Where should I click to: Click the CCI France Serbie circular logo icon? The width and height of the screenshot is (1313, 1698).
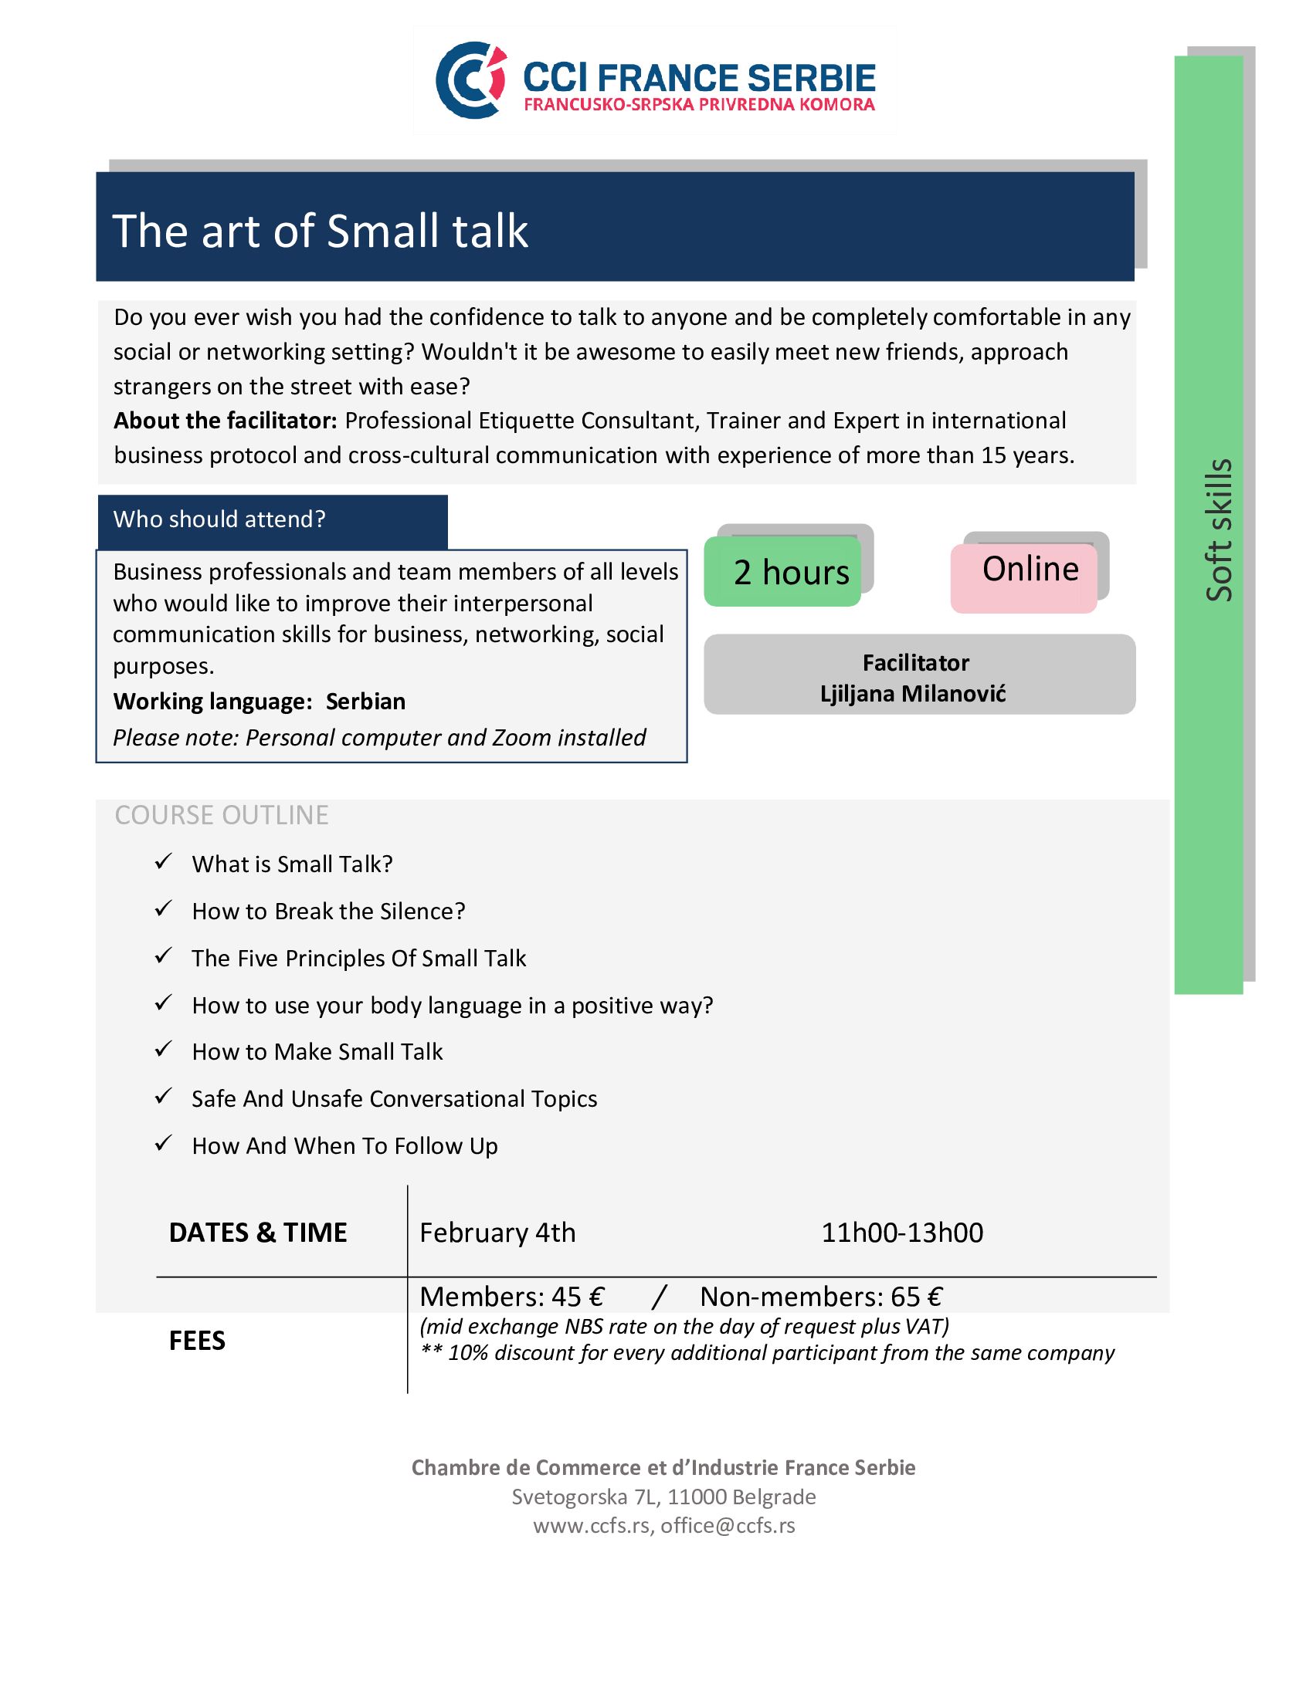(470, 79)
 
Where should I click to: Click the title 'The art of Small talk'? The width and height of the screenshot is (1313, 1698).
(321, 231)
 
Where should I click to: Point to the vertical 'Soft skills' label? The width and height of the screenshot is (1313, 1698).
(1218, 529)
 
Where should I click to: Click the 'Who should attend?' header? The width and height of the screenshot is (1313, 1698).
(219, 519)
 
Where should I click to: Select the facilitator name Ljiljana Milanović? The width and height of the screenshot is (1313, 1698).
(912, 694)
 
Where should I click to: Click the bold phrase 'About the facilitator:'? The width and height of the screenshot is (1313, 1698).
(225, 421)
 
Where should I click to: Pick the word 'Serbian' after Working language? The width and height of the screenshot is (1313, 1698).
(365, 702)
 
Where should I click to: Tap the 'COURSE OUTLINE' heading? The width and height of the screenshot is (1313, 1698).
(222, 815)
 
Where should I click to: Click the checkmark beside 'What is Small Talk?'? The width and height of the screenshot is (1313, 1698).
(162, 862)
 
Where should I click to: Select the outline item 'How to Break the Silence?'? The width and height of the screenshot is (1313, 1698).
(328, 912)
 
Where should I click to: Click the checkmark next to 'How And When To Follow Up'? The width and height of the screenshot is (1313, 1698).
(162, 1144)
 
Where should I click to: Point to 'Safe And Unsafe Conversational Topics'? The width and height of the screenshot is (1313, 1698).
(395, 1098)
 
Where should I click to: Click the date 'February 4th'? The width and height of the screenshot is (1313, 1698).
(498, 1233)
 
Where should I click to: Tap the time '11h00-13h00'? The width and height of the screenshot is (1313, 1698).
(902, 1233)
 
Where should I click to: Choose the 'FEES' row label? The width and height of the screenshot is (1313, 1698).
(197, 1341)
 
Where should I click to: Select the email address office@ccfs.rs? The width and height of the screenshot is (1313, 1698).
(728, 1525)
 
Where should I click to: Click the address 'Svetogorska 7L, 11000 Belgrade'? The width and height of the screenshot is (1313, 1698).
(663, 1497)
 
